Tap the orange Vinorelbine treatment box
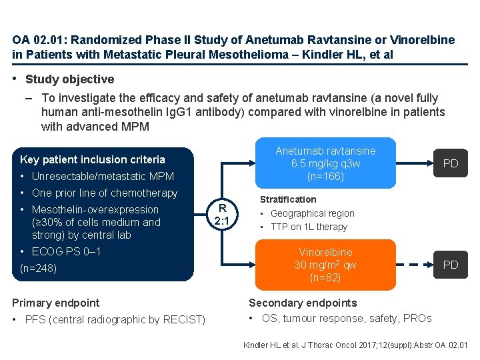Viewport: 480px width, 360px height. tap(325, 265)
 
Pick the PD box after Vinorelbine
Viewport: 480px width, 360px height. tap(451, 265)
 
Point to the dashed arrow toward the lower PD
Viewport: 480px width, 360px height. tap(412, 265)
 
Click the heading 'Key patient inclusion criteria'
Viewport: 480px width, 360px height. tap(93, 159)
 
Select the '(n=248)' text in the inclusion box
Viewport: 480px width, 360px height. tap(39, 269)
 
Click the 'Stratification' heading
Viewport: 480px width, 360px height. tap(288, 199)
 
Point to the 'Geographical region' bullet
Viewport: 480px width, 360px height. tap(312, 213)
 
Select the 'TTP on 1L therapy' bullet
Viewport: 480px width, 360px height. tap(309, 227)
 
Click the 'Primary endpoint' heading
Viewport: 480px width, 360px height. tap(56, 303)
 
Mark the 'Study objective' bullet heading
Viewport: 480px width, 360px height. tap(69, 79)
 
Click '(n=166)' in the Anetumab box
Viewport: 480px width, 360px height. tap(325, 177)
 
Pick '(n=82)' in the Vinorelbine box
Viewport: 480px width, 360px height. tap(325, 277)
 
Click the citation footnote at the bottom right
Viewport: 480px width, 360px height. tap(356, 345)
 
